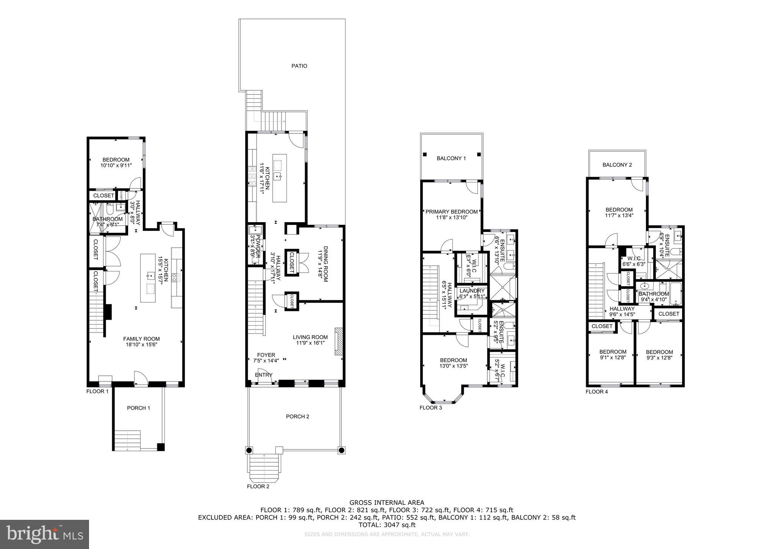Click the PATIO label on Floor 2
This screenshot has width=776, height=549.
pos(299,66)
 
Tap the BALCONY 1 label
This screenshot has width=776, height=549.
pos(451,158)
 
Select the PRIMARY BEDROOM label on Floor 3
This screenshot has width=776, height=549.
pos(451,212)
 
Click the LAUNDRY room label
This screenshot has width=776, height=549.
pos(472,291)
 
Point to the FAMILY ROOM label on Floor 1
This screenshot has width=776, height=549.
pos(141,339)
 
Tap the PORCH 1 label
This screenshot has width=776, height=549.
pos(138,408)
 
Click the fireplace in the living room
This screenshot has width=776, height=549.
pos(338,341)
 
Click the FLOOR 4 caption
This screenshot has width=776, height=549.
pos(596,392)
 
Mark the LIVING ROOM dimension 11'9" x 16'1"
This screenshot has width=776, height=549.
pos(310,343)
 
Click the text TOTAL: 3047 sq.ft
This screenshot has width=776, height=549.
pos(387,525)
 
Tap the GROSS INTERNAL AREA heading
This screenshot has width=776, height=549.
pos(386,503)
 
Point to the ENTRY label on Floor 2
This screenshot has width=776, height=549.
pos(263,375)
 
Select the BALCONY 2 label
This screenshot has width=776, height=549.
pos(617,165)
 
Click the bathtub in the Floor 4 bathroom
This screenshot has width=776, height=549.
pos(676,293)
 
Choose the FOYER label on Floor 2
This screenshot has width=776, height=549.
pos(266,355)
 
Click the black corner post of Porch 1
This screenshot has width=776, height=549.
pos(161,447)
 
